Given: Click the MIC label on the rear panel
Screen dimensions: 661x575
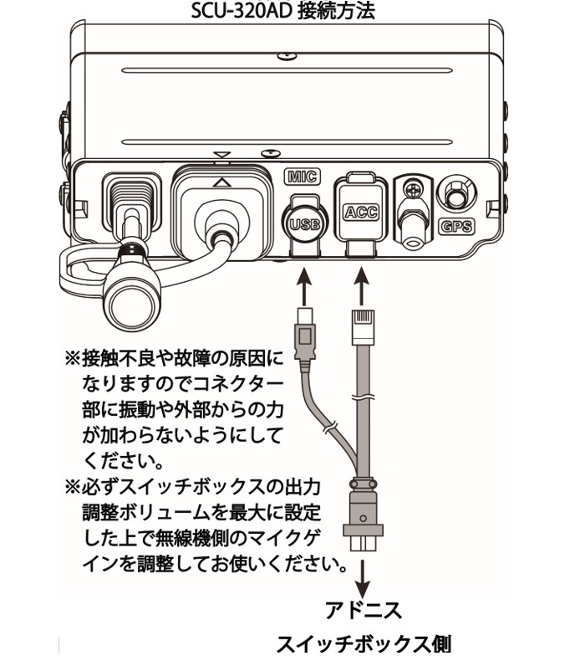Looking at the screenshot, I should [302, 177].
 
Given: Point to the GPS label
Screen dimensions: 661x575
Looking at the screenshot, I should [455, 227].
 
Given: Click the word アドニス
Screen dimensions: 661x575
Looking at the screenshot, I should [364, 609].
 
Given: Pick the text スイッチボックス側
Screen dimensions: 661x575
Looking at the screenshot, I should [364, 645].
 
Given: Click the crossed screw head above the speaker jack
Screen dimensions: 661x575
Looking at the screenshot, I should [411, 190].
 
